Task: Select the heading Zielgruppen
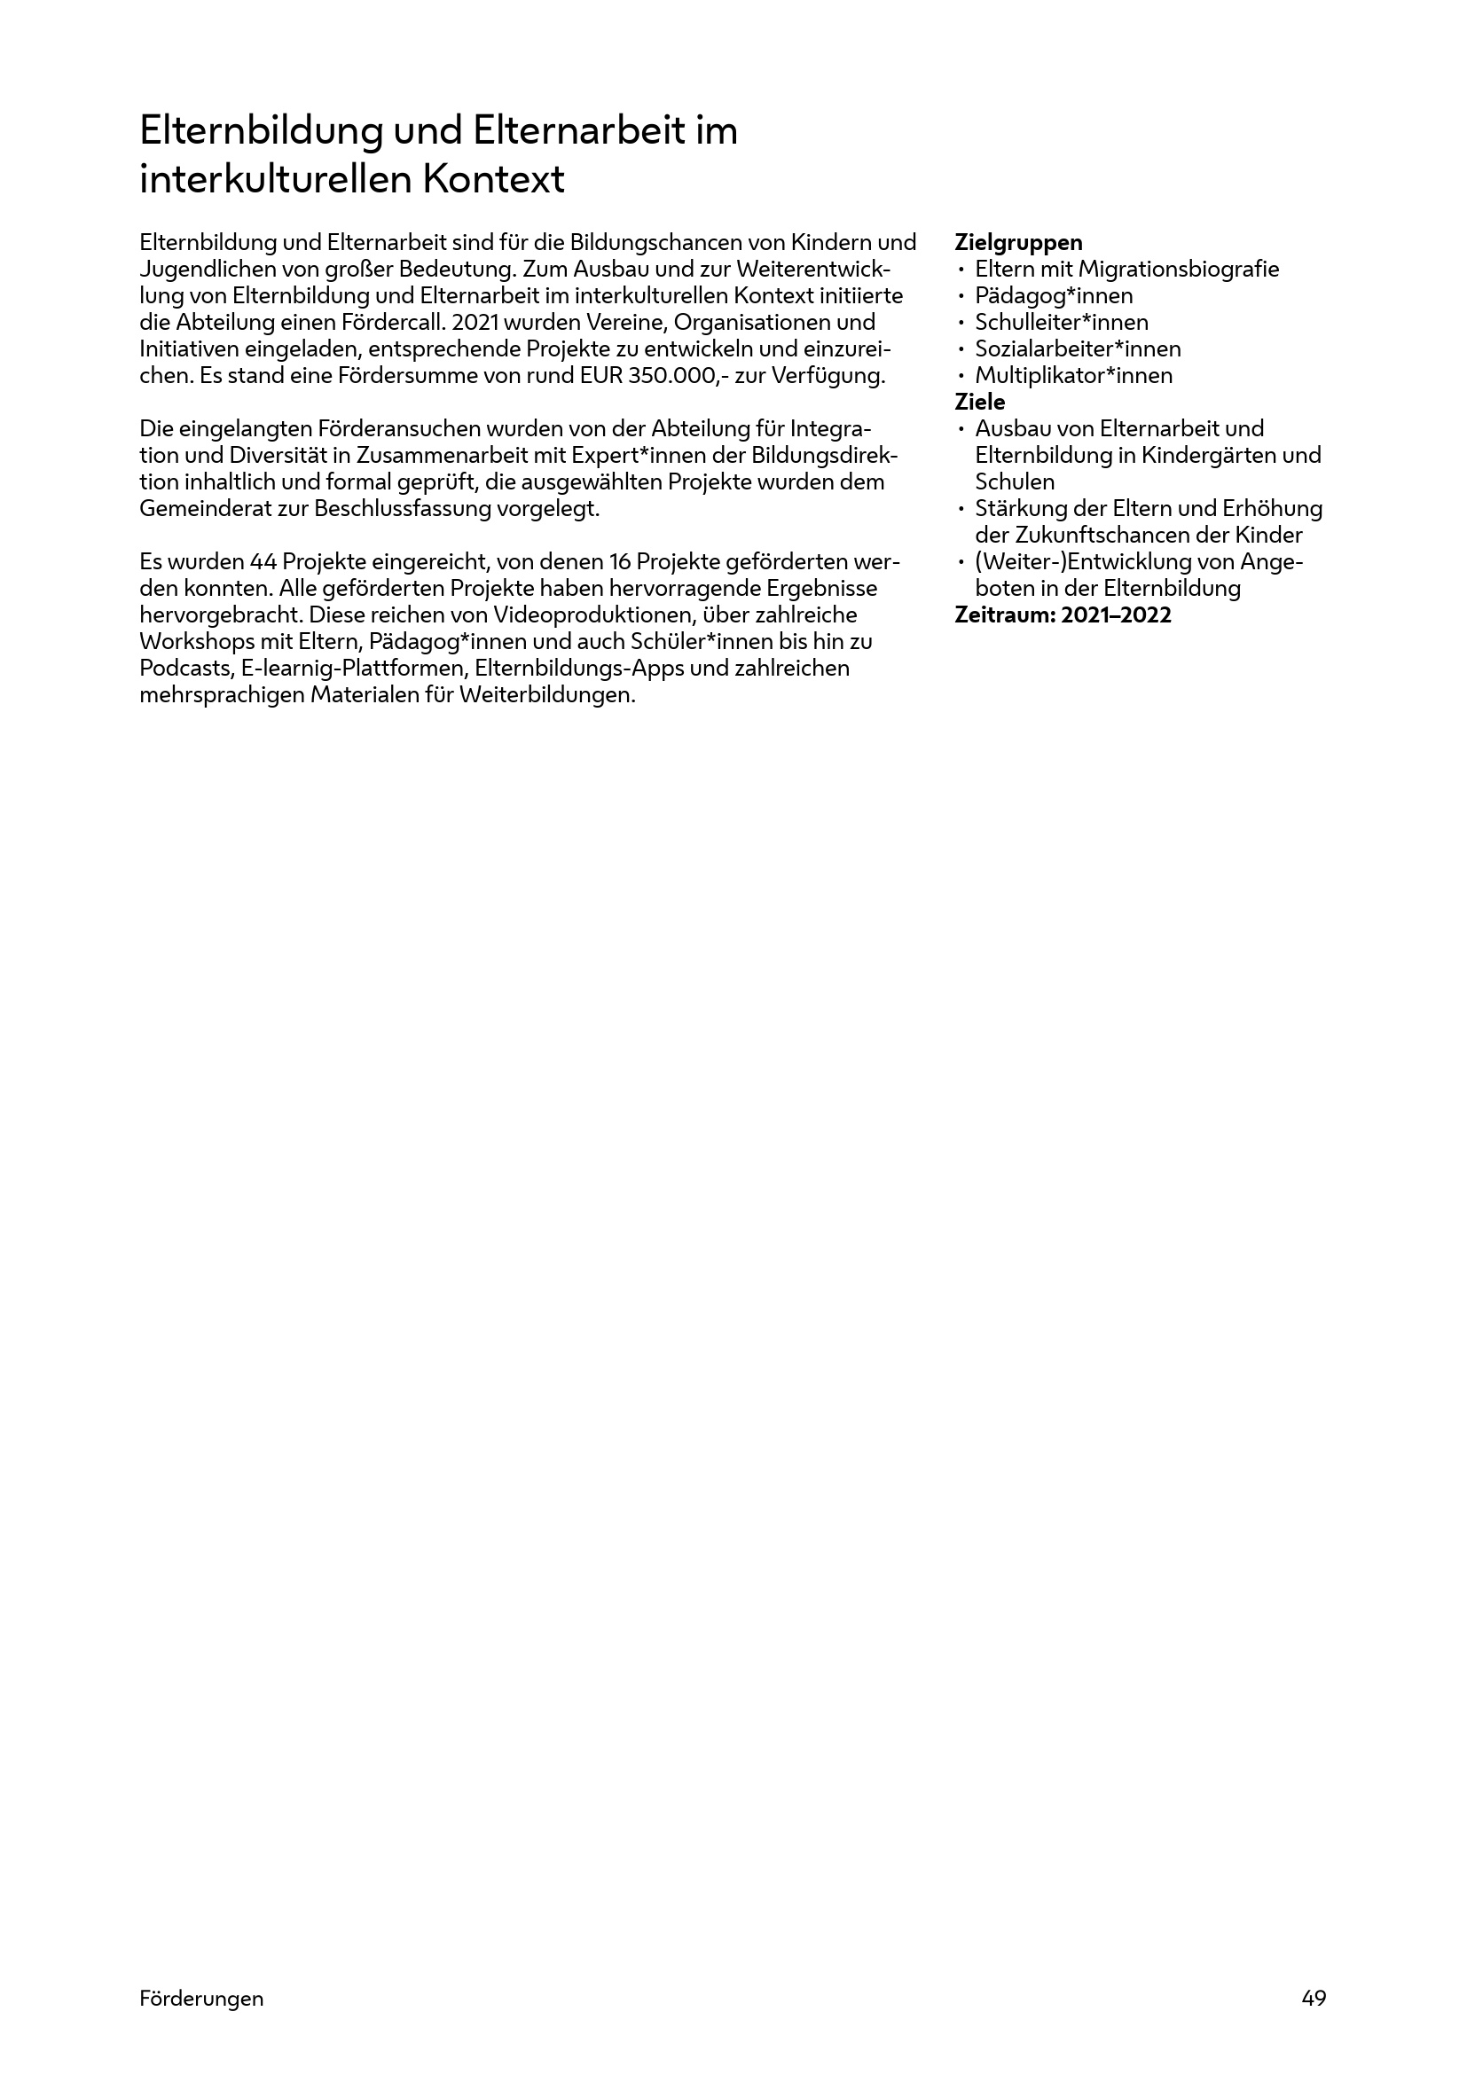(1018, 243)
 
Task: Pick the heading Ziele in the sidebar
(979, 402)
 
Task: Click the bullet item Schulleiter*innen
(1062, 323)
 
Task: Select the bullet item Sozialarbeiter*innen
(1078, 348)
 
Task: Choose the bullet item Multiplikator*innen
(1073, 376)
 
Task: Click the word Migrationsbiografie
(1178, 270)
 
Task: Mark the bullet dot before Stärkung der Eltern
(962, 510)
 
